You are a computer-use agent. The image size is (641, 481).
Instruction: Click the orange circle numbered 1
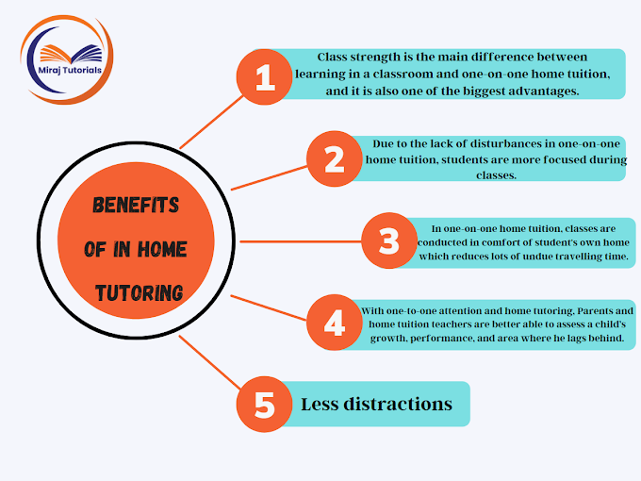[265, 77]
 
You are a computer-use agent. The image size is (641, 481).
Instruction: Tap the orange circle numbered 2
[335, 158]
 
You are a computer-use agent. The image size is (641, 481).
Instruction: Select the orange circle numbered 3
[389, 240]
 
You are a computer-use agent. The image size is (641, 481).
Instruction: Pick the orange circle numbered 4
[335, 323]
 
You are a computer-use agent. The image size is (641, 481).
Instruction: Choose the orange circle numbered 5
[265, 404]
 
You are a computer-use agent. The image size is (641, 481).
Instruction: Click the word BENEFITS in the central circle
[136, 205]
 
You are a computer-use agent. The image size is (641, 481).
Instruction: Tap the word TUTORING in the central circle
[139, 293]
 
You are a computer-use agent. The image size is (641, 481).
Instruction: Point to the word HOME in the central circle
[162, 249]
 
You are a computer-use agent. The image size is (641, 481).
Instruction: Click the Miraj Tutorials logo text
[70, 70]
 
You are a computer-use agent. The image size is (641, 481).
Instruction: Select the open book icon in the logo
[71, 54]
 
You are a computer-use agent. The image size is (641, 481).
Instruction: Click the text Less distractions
[376, 404]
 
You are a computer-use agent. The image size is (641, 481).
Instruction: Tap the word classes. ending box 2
[496, 175]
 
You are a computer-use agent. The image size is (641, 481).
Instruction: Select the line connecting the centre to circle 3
[301, 241]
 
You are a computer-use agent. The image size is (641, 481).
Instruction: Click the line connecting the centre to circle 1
[212, 123]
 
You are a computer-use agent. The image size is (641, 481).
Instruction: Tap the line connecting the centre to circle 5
[209, 362]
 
